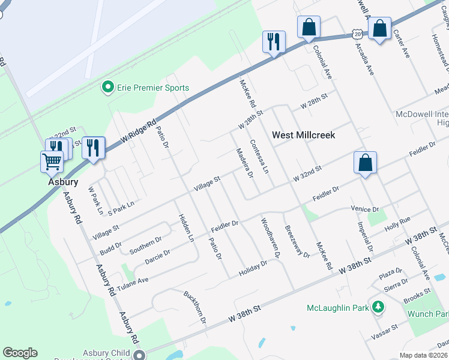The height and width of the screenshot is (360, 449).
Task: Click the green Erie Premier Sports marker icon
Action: pos(108,88)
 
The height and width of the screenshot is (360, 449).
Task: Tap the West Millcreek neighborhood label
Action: pos(303,135)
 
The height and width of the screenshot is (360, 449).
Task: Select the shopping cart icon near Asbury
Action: pos(52,161)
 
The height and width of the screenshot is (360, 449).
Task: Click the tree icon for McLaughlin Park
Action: pos(378,308)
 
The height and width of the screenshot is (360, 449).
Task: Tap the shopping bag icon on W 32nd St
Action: pos(365,162)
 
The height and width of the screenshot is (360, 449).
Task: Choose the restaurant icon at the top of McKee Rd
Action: pos(274,41)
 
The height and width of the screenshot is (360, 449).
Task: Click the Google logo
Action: pos(20,352)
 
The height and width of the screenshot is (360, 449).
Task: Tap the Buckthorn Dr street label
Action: pos(195,307)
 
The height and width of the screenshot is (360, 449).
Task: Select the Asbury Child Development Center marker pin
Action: pos(139,355)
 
